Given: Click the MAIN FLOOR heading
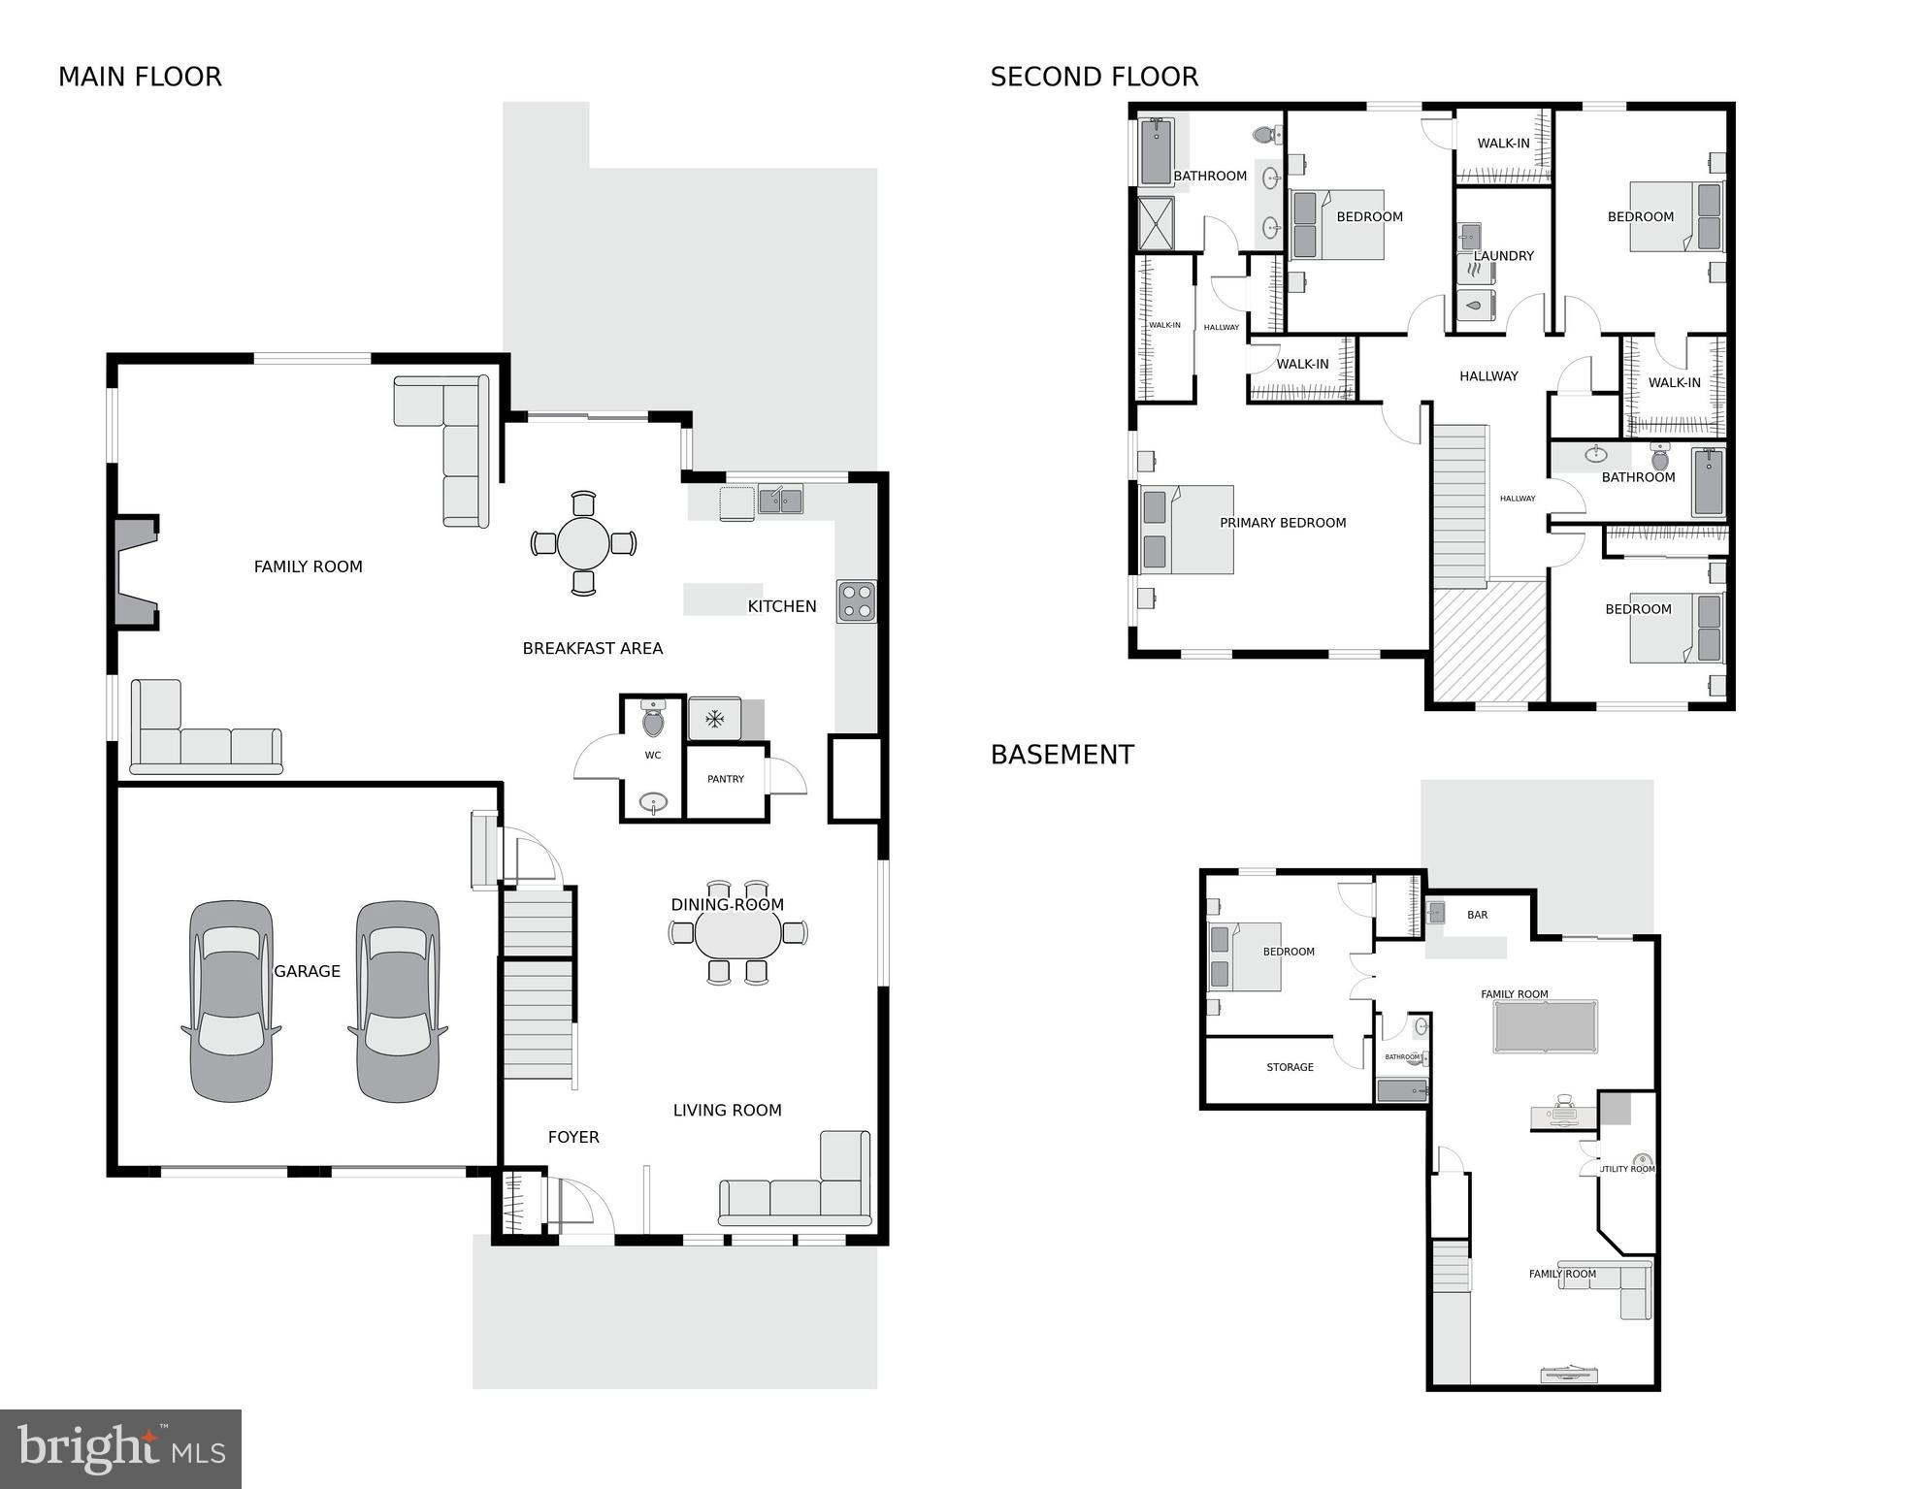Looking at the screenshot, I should pos(140,77).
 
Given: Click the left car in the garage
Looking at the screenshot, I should pos(231,1001).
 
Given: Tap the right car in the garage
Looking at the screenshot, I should pos(398,1001).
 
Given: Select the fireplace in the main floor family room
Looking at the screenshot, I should pos(135,572).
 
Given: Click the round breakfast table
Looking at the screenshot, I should pos(583,543).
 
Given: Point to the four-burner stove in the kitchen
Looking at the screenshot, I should pos(856,600).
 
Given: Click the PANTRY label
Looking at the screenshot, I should pos(726,779).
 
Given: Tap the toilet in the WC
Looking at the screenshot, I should pos(653,720).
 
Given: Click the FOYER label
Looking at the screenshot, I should pos(573,1137).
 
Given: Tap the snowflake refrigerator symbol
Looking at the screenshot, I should pos(715,719).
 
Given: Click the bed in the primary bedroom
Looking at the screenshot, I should pos(1187,530).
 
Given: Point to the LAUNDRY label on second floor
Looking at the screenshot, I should pos(1503,256).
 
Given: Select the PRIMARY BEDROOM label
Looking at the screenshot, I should pos(1283,523).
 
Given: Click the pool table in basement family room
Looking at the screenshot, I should pos(1545,1026).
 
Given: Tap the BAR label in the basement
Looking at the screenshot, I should pos(1477,915).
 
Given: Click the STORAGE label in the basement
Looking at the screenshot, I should pos(1290,1067).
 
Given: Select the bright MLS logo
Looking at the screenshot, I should pos(120,1448).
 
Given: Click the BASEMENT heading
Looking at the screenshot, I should pos(1062,755).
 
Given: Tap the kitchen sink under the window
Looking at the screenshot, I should pos(780,501).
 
